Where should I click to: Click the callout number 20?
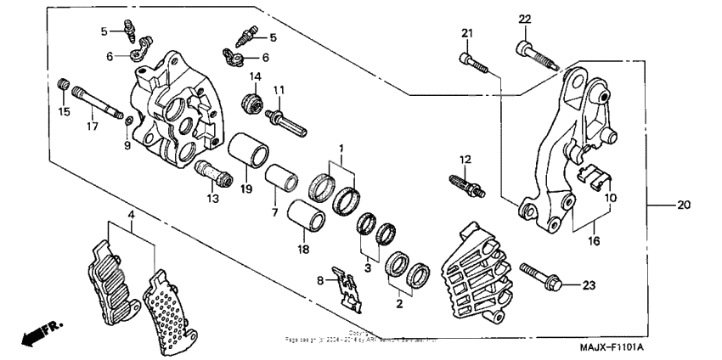(x=685, y=205)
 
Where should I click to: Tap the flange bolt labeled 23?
(x=539, y=277)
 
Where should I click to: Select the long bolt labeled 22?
(x=535, y=53)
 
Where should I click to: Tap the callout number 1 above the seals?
(x=341, y=148)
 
